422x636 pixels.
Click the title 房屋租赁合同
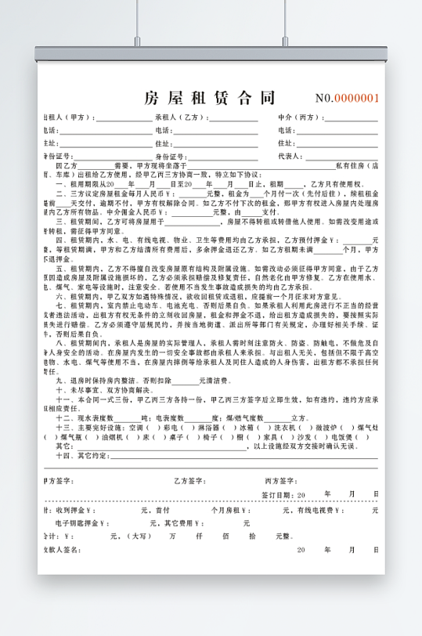coord(210,97)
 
